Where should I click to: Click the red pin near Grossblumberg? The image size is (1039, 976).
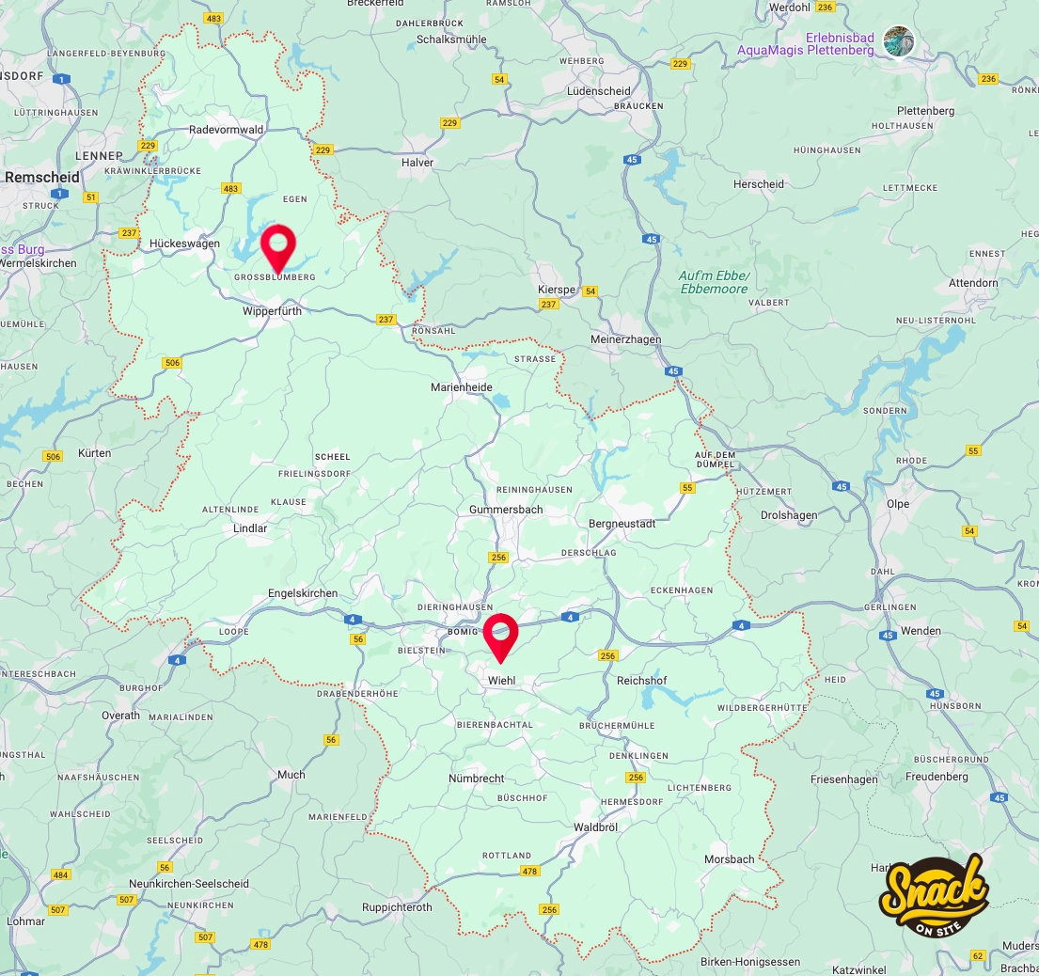277,247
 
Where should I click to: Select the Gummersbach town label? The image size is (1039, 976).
506,510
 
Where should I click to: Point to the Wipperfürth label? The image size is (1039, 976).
272,310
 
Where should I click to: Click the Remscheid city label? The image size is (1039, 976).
42,177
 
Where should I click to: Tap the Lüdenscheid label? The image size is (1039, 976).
599,90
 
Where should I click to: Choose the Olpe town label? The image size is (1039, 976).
898,504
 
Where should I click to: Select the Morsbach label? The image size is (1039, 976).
730,859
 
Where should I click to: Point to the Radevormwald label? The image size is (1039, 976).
226,130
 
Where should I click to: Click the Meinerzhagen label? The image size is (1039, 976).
625,339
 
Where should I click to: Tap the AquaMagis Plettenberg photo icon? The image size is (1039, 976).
899,41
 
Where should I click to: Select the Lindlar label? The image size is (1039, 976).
250,528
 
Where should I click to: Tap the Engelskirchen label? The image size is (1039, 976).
303,593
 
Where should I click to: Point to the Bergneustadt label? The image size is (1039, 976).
622,524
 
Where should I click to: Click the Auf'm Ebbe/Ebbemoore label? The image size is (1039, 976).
714,282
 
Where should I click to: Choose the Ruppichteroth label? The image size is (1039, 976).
397,907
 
